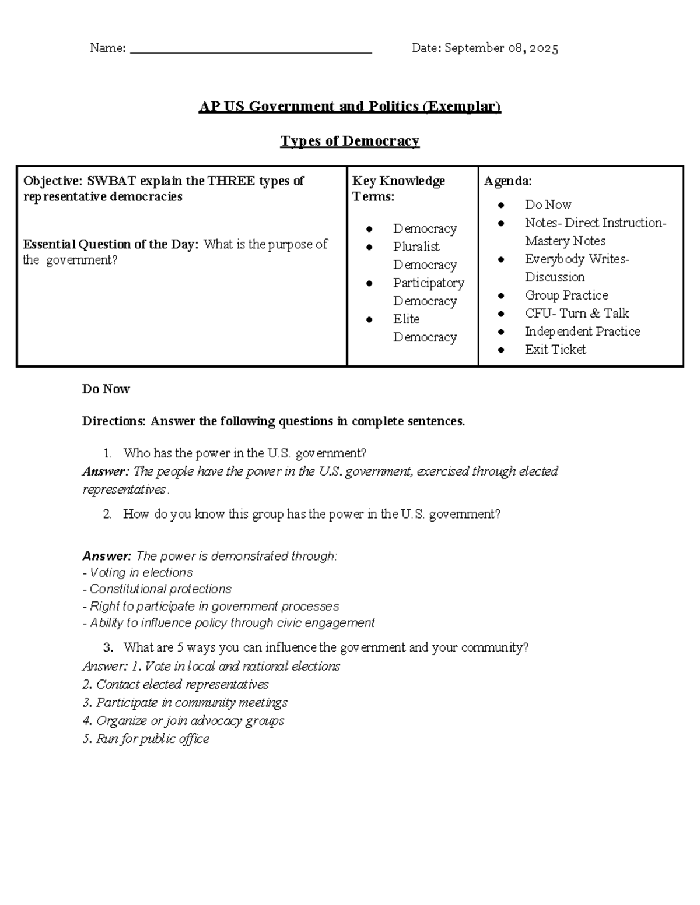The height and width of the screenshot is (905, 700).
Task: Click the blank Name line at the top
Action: [251, 50]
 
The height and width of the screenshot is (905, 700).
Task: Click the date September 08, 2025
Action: [501, 48]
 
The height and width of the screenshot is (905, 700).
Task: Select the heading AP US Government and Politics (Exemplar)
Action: [349, 107]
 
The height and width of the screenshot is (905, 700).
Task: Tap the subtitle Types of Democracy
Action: [349, 141]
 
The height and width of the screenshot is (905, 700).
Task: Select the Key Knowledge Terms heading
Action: [398, 189]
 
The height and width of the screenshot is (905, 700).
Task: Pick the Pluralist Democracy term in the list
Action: [424, 255]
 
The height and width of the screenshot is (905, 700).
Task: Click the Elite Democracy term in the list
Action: [424, 328]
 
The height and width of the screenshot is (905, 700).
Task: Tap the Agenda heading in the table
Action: [508, 181]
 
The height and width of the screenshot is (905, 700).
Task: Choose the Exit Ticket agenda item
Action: [555, 350]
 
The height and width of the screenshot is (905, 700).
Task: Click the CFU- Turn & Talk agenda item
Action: [576, 314]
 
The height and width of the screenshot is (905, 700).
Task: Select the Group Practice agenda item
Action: [566, 295]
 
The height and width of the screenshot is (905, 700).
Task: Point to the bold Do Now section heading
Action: [106, 389]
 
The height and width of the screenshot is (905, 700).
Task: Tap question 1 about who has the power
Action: [244, 453]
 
